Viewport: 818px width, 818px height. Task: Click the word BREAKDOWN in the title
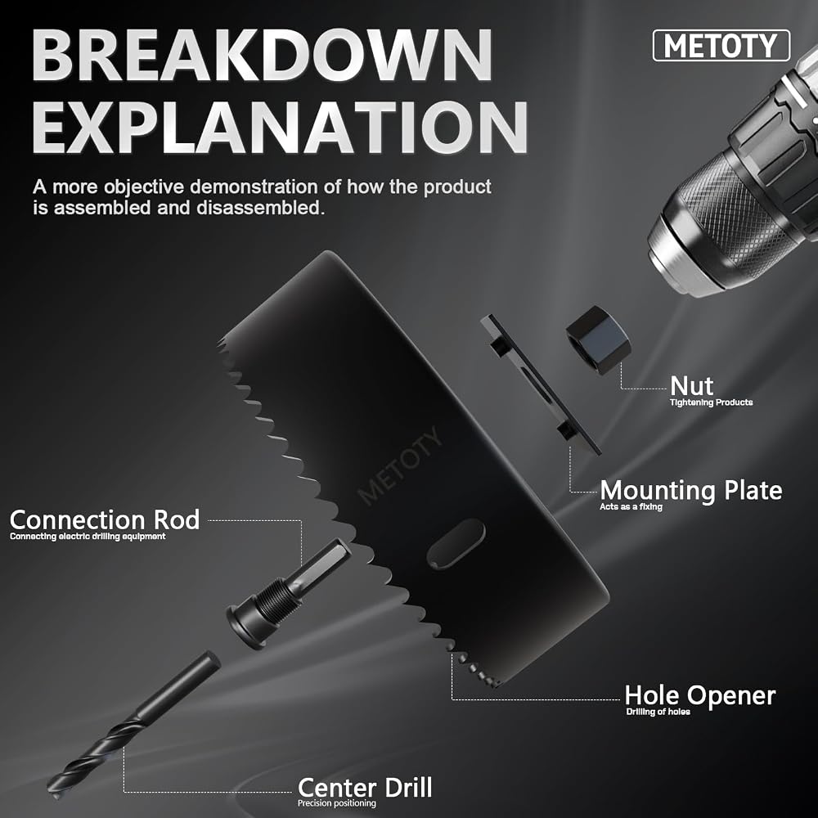click(262, 56)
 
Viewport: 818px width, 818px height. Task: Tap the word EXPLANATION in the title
click(280, 127)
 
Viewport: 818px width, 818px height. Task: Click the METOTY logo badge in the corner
click(721, 46)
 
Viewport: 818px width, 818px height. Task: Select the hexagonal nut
click(598, 339)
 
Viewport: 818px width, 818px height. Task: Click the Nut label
click(692, 385)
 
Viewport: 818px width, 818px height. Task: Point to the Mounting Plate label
click(690, 490)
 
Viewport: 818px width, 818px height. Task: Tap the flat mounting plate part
click(541, 384)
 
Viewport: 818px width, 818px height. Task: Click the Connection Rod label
click(105, 519)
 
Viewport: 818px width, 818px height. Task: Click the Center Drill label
click(365, 787)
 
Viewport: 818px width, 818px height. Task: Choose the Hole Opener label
click(700, 695)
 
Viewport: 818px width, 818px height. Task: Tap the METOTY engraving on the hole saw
click(401, 466)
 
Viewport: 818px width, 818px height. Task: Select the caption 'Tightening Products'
click(711, 402)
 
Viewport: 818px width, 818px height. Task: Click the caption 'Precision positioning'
click(336, 803)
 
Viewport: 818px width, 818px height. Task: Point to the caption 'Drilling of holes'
click(658, 712)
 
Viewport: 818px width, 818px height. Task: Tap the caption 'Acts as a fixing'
click(631, 506)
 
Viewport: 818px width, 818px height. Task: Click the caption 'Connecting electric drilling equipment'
click(88, 537)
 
